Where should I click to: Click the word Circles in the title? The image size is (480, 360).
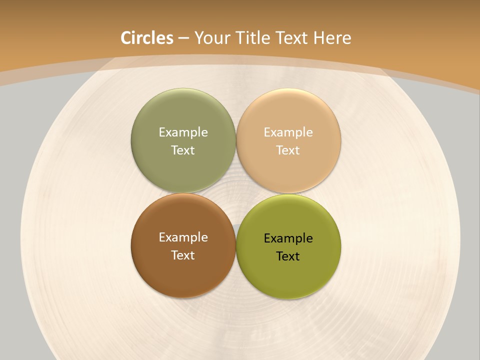[x=147, y=38]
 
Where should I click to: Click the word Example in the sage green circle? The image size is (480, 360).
[x=183, y=132]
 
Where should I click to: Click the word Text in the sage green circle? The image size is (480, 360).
[x=183, y=150]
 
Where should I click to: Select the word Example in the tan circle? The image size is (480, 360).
[x=288, y=132]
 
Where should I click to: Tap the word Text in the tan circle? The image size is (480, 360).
[x=288, y=150]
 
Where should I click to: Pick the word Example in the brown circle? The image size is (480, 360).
[x=183, y=237]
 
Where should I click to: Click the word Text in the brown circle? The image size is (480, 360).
[x=183, y=255]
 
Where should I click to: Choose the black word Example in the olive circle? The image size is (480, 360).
[x=288, y=238]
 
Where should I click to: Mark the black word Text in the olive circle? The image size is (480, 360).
[x=288, y=256]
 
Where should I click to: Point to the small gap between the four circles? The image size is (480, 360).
[x=235, y=193]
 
